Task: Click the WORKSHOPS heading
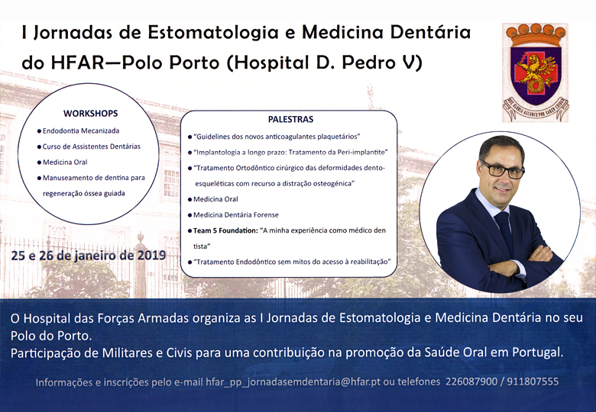point(90,114)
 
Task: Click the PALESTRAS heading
point(291,120)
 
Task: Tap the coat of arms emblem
point(535,72)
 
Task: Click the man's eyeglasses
point(503,169)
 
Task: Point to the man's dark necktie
point(505,231)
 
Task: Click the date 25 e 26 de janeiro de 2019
point(89,256)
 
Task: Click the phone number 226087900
point(471,381)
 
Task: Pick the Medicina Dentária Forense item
point(235,215)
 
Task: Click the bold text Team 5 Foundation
point(225,230)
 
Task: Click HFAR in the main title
point(77,63)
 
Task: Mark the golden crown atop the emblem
point(536,35)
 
